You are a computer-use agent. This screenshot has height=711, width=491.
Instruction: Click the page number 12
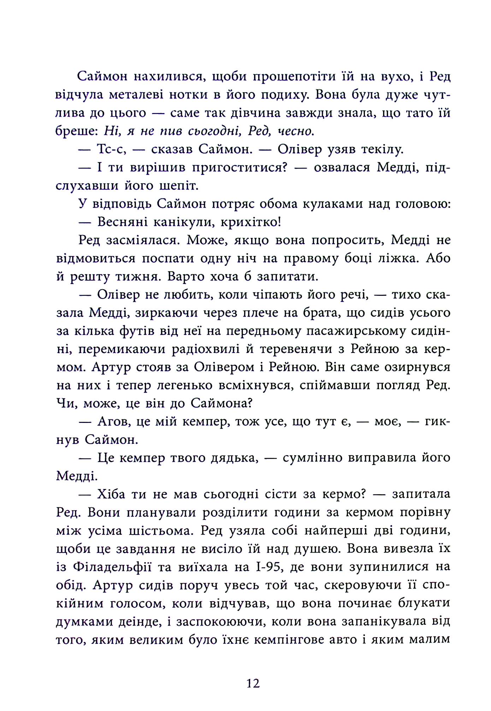tap(253, 683)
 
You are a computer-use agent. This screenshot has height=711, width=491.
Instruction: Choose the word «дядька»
tap(230, 458)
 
